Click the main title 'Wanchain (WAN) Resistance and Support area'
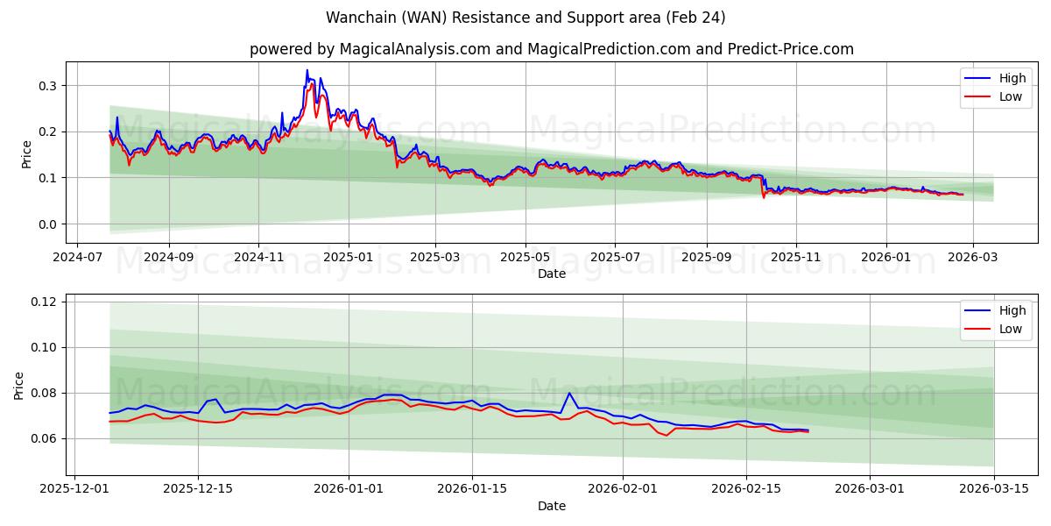point(525,18)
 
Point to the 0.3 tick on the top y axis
point(47,86)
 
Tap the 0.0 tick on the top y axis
point(47,224)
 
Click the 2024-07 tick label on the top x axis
point(77,259)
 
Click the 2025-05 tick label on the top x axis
point(525,259)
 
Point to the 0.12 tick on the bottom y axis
point(44,302)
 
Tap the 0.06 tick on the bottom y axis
point(44,438)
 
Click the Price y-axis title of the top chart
point(26,153)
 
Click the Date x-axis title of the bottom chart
point(552,506)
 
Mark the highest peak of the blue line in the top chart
point(307,70)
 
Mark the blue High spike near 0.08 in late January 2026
point(569,393)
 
